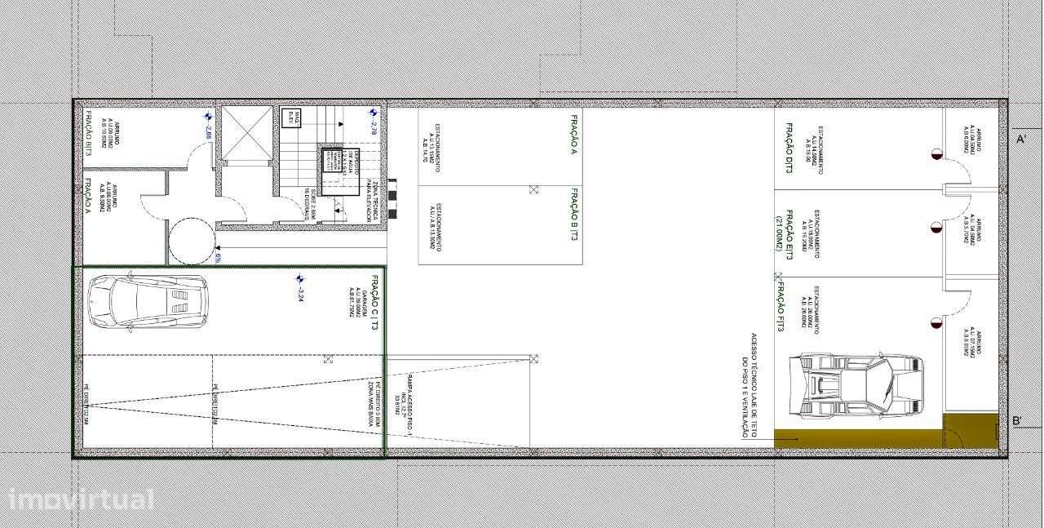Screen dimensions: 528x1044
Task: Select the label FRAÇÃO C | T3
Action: [374, 302]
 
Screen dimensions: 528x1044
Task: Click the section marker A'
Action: [1020, 139]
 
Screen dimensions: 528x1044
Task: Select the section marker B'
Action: [1017, 421]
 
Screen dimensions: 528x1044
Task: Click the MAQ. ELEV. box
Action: [297, 118]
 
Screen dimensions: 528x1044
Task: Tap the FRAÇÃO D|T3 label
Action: [789, 144]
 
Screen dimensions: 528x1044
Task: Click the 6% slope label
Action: [218, 258]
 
